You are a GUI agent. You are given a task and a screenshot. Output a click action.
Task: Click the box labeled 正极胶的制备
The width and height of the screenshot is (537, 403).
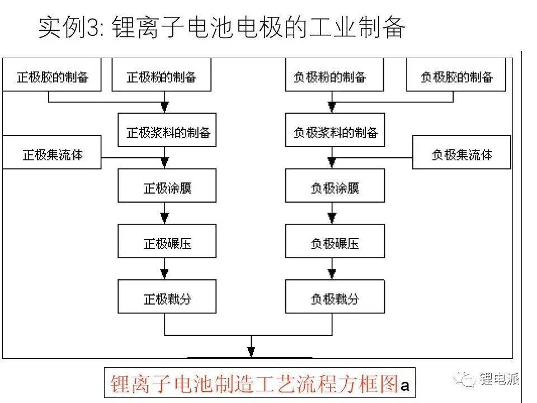51,74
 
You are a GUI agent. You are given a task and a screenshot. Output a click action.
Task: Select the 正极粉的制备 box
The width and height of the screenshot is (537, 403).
161,74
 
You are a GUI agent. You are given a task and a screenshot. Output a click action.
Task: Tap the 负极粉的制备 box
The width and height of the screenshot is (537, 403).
335,74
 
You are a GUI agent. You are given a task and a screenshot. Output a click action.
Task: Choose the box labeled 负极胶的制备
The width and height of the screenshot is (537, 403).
456,74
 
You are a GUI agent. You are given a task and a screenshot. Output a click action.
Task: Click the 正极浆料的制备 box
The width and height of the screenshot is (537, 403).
167,130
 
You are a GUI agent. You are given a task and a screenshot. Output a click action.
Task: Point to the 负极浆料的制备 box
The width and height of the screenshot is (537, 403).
335,130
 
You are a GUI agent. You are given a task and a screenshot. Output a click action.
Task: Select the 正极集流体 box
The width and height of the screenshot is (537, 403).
51,152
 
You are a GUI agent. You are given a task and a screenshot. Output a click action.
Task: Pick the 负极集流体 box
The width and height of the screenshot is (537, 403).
461,152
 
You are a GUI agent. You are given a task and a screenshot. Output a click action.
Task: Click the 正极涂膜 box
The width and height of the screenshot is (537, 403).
167,185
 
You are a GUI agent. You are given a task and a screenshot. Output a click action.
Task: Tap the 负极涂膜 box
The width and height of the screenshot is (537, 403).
335,185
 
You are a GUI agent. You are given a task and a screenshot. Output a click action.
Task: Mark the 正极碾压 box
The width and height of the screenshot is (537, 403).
167,241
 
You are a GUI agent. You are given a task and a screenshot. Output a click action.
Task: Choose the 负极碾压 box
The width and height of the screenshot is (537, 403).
335,241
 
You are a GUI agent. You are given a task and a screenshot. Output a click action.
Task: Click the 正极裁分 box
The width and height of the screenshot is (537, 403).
167,297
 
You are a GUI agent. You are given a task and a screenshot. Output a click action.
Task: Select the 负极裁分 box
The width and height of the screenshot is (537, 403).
335,297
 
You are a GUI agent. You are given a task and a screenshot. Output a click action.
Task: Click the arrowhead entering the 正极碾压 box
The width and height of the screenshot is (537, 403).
164,218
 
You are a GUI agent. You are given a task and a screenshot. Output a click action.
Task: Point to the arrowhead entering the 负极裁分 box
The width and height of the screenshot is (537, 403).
332,274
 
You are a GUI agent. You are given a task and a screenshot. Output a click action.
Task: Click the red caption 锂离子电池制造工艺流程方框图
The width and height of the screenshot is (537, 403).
255,383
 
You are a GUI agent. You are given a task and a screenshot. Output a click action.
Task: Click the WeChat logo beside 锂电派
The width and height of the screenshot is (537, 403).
464,379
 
